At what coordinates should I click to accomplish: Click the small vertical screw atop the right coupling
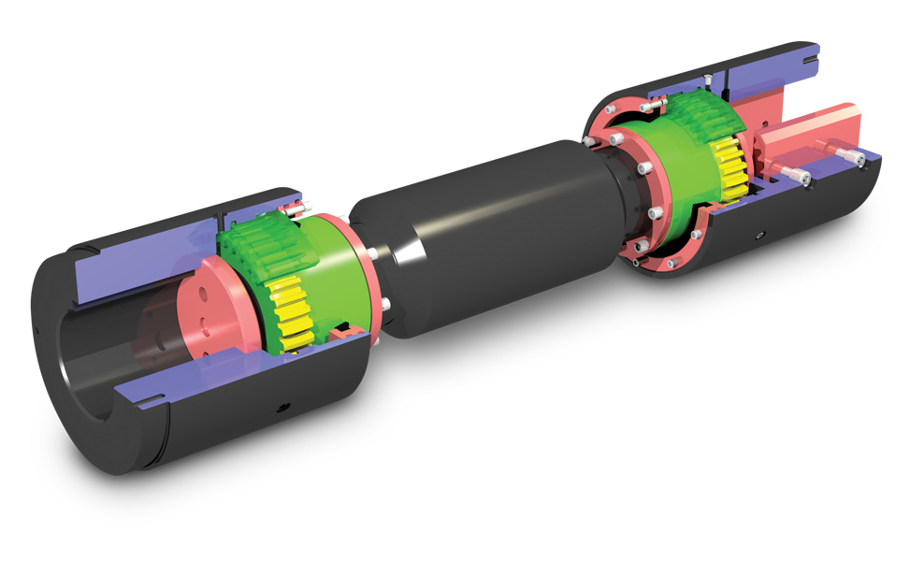(711, 74)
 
